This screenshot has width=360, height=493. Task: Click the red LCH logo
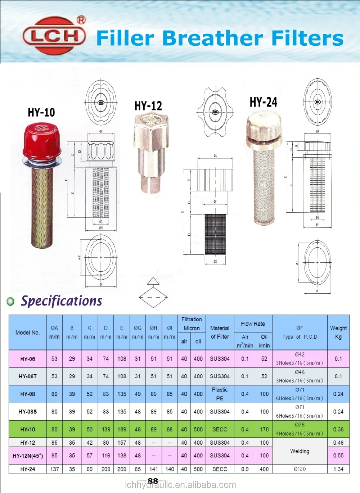[54, 36]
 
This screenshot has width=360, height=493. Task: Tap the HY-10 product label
[41, 112]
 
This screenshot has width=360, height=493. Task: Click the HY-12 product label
[148, 106]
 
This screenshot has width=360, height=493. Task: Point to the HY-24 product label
[264, 102]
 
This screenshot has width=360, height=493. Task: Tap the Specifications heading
[62, 301]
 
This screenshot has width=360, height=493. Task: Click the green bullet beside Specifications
[11, 301]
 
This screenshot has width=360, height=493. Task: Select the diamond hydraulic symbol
[153, 297]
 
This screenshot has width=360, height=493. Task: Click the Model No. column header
[28, 333]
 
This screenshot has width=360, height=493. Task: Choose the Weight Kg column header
[338, 332]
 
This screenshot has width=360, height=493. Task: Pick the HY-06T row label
[28, 376]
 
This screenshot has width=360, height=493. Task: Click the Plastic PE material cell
[220, 394]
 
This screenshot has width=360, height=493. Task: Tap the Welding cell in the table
[300, 451]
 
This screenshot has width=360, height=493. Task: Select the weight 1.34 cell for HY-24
[338, 469]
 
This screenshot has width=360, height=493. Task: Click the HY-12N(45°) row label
[28, 456]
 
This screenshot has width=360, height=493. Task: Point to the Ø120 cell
[300, 469]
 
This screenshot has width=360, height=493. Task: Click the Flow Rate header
[253, 324]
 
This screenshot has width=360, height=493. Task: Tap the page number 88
[153, 481]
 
